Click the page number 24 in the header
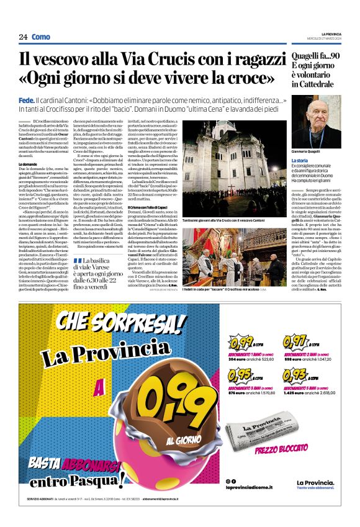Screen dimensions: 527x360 tap(23, 37)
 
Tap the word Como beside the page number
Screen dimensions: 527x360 tap(41, 37)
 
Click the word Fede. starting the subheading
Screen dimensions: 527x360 tap(26, 101)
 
